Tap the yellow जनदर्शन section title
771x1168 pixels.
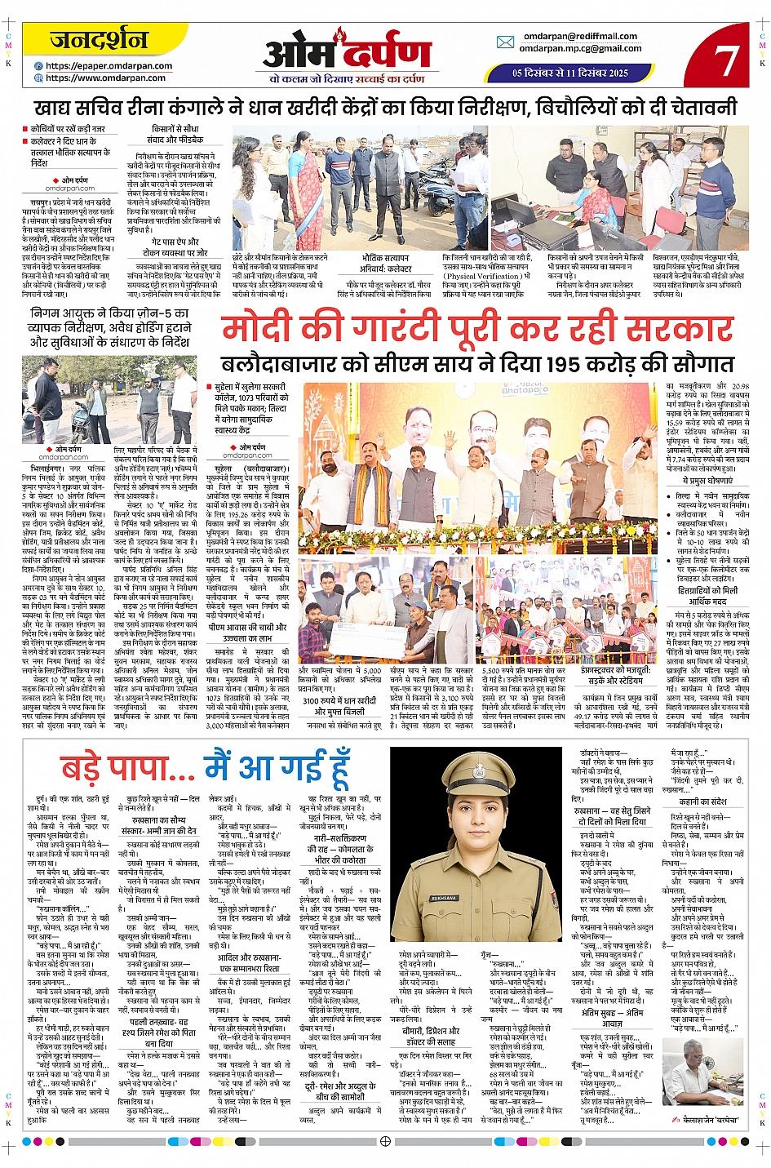(99, 40)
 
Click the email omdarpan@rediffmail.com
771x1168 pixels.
(580, 36)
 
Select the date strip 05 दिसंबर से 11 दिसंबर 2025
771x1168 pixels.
(570, 73)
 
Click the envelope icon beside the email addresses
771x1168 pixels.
(505, 42)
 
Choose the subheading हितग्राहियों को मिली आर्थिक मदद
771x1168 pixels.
(707, 596)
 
